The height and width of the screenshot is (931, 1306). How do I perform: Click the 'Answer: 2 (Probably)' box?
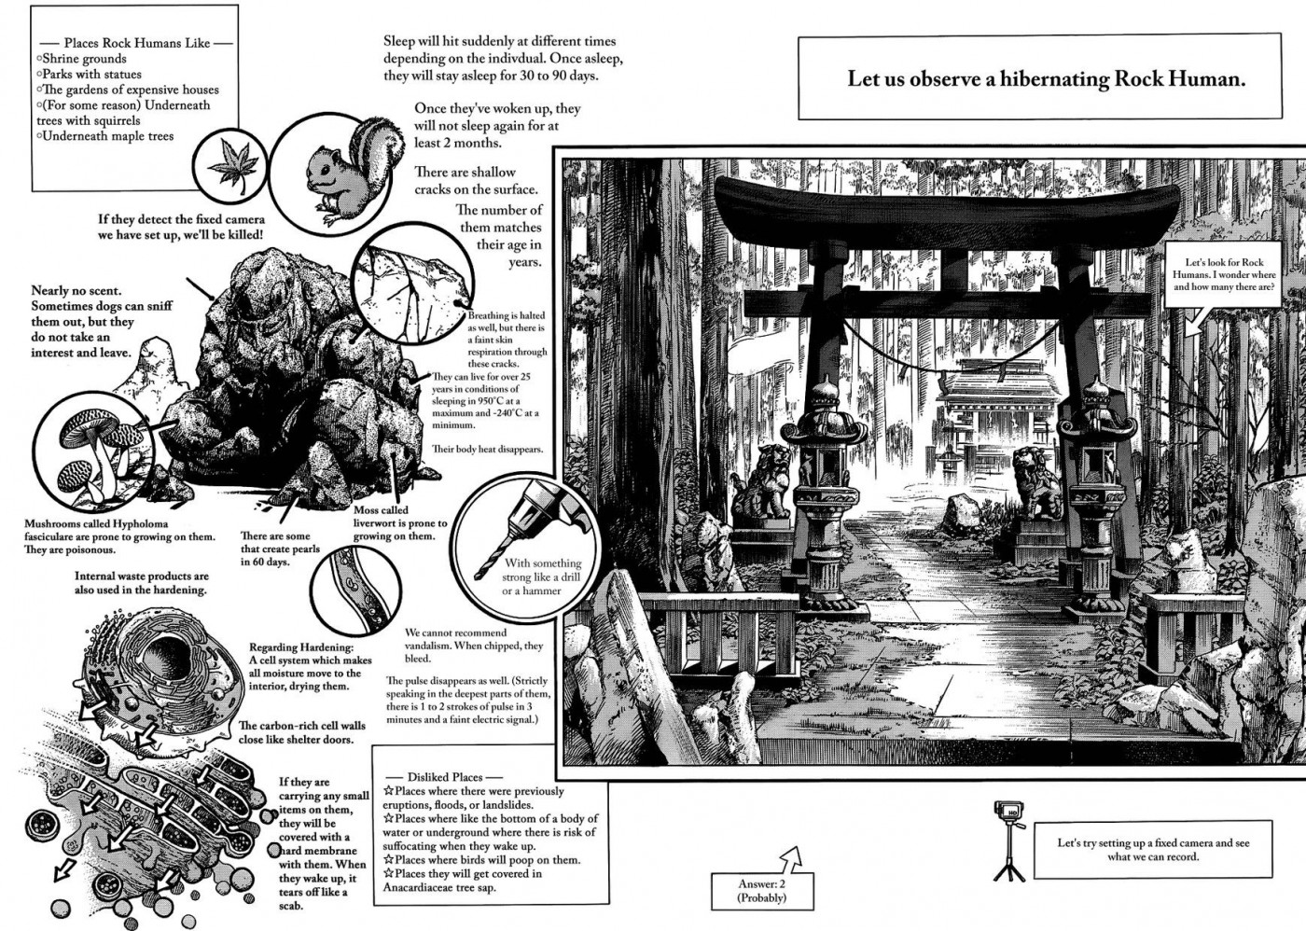[761, 889]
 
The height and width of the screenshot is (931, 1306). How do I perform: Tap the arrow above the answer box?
[792, 857]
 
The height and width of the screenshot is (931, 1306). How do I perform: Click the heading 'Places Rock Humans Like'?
[136, 43]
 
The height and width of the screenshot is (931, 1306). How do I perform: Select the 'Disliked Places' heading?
[444, 776]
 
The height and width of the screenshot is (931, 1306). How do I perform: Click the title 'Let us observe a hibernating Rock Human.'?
[1046, 79]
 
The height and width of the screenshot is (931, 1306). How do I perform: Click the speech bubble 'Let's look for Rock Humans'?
[1223, 275]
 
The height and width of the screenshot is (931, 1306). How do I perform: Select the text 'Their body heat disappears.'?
[486, 449]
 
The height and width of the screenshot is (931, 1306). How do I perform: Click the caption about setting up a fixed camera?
[1152, 849]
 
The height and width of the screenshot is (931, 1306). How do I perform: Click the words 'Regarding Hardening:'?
[301, 647]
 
